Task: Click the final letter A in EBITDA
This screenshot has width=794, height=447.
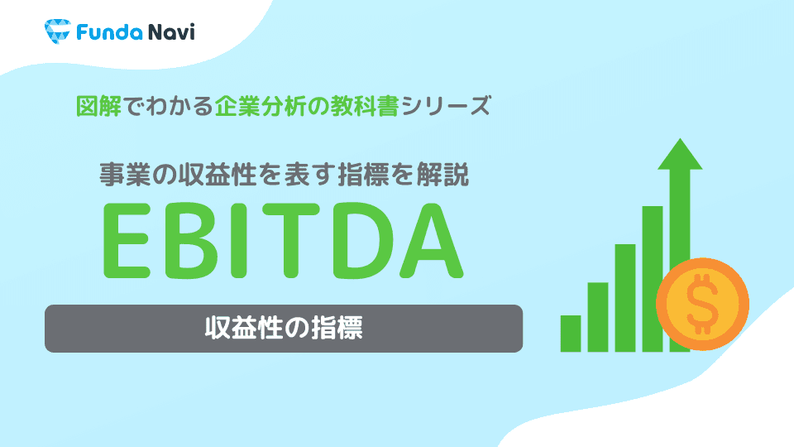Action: [427, 239]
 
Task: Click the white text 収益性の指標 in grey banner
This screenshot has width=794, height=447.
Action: [284, 329]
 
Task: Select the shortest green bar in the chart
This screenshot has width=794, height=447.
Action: [570, 333]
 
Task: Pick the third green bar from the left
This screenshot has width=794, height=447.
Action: [624, 298]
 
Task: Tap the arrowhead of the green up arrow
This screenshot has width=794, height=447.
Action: [680, 157]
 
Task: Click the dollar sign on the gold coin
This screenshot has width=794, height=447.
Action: [701, 304]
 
